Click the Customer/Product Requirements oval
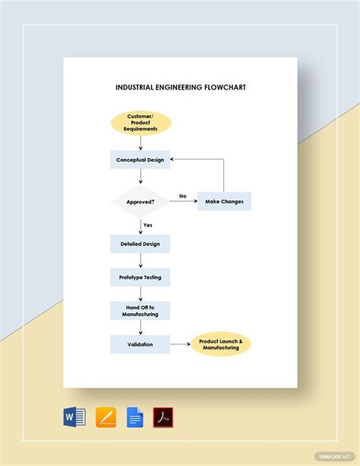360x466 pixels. [x=141, y=124]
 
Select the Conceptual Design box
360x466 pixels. [x=141, y=160]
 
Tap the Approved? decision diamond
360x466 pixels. [x=141, y=202]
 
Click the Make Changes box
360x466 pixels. [x=224, y=202]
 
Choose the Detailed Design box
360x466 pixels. [x=141, y=244]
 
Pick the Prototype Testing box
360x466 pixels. [x=141, y=277]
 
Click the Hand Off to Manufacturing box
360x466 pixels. [x=141, y=310]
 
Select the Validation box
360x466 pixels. [x=141, y=344]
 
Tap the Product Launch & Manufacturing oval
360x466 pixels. [x=221, y=345]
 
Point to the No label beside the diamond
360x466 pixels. [x=182, y=197]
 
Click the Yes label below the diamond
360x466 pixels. [x=148, y=225]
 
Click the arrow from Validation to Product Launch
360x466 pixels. [x=180, y=345]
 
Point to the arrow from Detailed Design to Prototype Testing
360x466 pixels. [x=141, y=260]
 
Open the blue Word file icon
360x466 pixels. [x=75, y=417]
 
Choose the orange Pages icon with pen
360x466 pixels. [x=106, y=417]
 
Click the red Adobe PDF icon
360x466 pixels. [x=163, y=417]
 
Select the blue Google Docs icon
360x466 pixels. [x=135, y=417]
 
